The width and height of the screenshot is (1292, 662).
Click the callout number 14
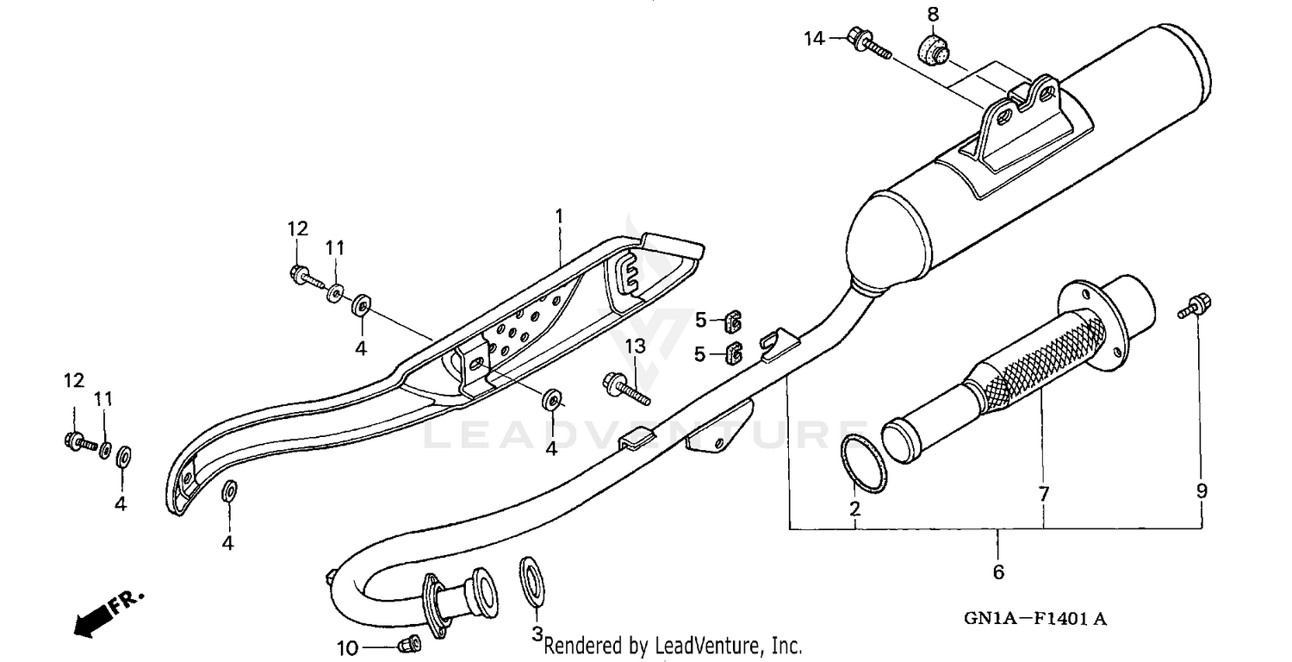click(x=814, y=38)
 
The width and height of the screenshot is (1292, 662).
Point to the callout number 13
click(x=635, y=347)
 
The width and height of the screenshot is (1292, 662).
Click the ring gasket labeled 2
click(x=864, y=463)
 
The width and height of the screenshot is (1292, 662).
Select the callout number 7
click(x=1044, y=494)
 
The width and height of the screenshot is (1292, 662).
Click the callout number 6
click(x=998, y=571)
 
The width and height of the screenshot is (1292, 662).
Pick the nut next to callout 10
click(x=410, y=642)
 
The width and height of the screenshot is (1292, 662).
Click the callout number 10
click(x=346, y=647)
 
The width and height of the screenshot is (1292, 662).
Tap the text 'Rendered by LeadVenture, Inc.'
click(x=673, y=645)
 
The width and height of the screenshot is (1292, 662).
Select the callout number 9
click(x=1202, y=491)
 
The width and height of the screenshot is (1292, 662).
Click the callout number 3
click(x=536, y=635)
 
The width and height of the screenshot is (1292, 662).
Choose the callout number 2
click(x=854, y=509)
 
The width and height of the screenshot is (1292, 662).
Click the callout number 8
click(x=933, y=14)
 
